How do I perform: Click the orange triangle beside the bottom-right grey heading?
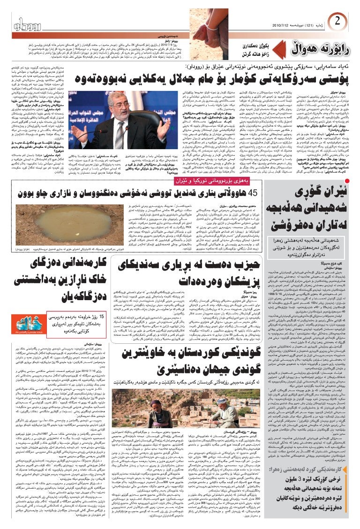(x=351, y=476)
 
